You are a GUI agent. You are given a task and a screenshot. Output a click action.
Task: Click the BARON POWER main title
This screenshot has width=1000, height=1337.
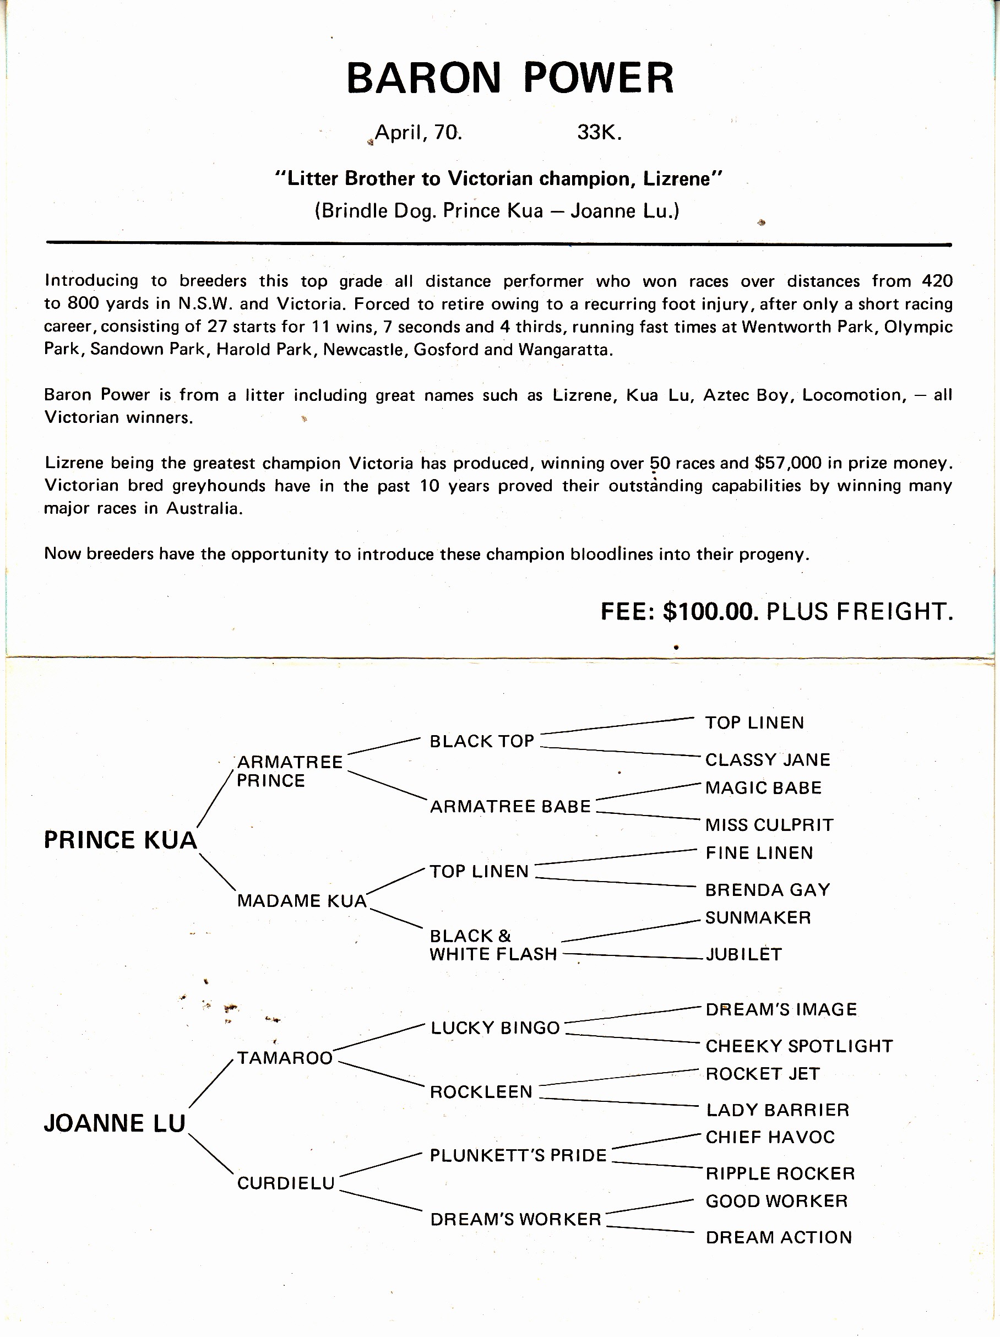(x=510, y=78)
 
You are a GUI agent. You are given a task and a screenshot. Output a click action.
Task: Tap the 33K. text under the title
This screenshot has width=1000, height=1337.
(x=599, y=132)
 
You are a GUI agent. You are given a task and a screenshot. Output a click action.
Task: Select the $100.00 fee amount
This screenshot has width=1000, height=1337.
(x=710, y=612)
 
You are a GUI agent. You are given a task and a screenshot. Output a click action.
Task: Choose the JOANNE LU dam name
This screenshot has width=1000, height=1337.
(x=115, y=1123)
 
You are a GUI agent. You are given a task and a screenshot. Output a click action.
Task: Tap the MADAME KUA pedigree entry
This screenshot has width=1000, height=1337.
(x=302, y=900)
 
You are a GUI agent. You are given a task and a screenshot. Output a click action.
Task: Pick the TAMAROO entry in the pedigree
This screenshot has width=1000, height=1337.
(x=285, y=1058)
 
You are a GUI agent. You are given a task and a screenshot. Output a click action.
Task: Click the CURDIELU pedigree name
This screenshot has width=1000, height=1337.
(x=285, y=1183)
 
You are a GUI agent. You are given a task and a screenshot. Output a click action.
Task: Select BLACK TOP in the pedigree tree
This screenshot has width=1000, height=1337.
(x=482, y=741)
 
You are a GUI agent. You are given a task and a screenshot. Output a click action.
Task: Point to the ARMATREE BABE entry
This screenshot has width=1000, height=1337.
(x=510, y=806)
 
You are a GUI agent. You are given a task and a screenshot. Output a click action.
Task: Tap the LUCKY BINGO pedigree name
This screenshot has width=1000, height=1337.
(x=495, y=1028)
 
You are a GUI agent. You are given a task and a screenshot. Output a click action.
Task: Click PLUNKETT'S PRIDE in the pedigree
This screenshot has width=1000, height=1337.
(x=518, y=1155)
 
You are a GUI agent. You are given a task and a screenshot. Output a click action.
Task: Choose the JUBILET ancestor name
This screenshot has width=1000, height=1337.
(x=743, y=954)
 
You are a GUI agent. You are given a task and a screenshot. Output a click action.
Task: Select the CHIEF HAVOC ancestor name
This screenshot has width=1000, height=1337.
(x=770, y=1137)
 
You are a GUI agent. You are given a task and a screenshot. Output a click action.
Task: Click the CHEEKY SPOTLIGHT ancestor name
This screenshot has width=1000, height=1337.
(x=799, y=1046)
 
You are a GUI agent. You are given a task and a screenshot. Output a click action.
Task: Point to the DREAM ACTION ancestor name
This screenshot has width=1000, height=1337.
(x=779, y=1237)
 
